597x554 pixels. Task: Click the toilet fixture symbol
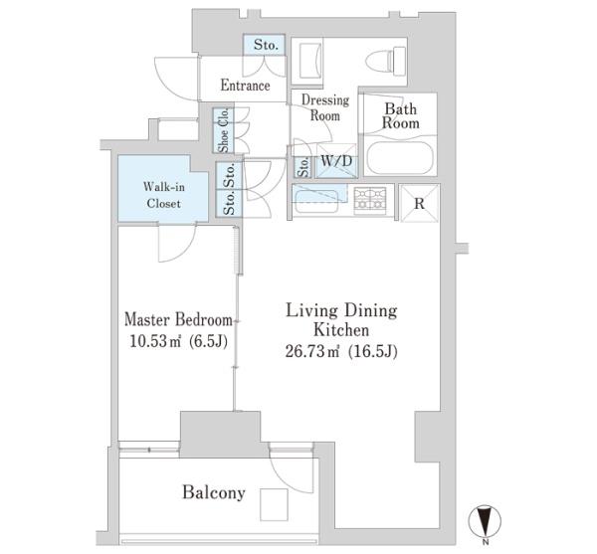coord(386,61)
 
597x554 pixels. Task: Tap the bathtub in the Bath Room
coord(400,158)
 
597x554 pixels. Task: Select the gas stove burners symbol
coord(370,199)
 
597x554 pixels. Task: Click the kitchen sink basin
coord(316,201)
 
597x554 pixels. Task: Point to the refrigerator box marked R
coord(419,203)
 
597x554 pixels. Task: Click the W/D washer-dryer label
coord(336,161)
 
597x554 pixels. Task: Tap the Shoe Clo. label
coord(224,130)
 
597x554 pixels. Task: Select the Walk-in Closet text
coord(164,195)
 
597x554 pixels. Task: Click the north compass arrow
coord(485,521)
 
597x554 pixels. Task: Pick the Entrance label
coord(245,85)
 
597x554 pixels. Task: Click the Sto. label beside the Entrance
coord(266,45)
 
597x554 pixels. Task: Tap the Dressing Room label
coord(324,107)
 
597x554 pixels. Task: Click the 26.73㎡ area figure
coord(312,351)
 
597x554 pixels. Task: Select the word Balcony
coord(214,492)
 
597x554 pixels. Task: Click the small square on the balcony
coord(274,504)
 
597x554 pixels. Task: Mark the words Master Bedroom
coord(178,319)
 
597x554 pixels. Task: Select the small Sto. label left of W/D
coord(303,167)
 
